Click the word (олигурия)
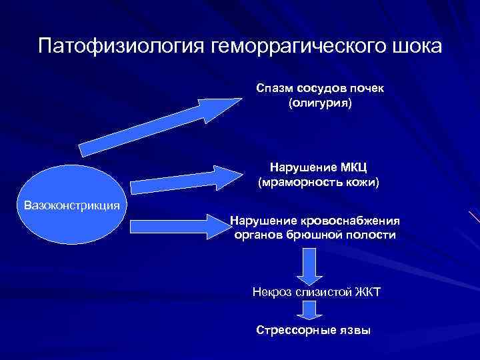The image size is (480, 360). tap(319, 104)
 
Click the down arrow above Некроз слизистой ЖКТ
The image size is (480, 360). tap(307, 266)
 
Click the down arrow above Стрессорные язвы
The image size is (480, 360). tap(307, 311)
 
